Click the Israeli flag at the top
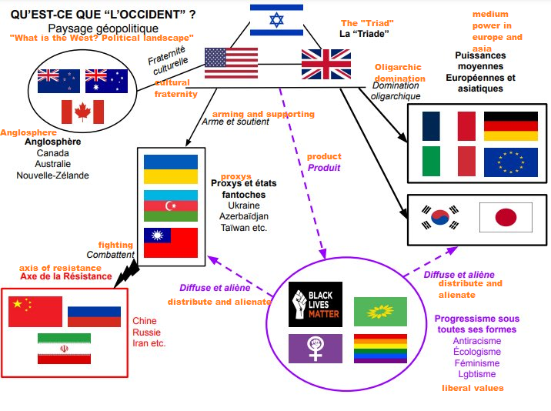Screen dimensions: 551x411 (x=276, y=20)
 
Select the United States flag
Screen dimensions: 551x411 (x=231, y=63)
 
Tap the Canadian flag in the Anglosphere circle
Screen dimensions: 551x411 (x=82, y=112)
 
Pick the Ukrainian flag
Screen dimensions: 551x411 (x=171, y=169)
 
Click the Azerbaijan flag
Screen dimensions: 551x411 (x=171, y=205)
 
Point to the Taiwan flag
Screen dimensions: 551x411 (x=171, y=242)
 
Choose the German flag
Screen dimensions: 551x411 (x=511, y=126)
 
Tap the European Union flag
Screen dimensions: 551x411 (x=511, y=162)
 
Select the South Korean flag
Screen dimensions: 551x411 (x=440, y=217)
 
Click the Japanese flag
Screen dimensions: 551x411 (x=506, y=217)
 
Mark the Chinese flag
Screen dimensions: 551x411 (x=35, y=312)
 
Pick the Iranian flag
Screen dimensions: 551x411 (x=65, y=349)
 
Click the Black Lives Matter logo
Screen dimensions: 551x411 (x=316, y=305)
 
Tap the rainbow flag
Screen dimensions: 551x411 (x=381, y=349)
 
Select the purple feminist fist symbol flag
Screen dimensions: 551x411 (x=316, y=349)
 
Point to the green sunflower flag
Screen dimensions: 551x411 (x=381, y=312)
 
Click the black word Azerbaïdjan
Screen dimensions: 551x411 (x=244, y=216)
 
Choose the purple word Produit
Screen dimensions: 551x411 (x=324, y=168)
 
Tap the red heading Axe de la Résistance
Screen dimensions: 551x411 (x=66, y=276)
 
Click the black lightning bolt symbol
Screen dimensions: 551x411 (x=126, y=274)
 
